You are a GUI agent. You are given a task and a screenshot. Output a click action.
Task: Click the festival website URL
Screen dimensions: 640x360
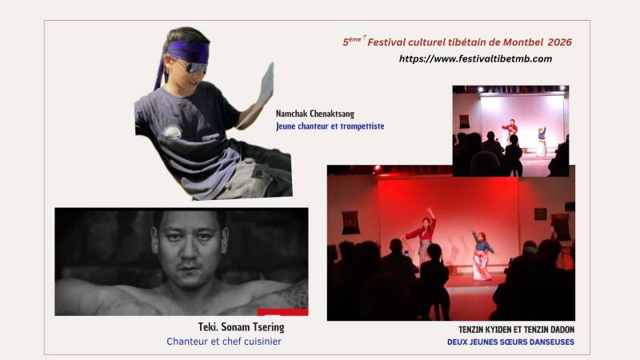tap(475, 58)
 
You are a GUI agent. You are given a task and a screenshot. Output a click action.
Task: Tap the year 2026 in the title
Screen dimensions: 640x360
tap(559, 42)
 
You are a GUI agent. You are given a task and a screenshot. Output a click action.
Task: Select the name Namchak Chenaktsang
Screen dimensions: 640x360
tap(315, 114)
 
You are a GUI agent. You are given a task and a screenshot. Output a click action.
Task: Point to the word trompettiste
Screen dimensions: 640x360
tap(362, 126)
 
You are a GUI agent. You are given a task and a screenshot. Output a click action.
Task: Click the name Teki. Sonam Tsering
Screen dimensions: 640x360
tap(242, 327)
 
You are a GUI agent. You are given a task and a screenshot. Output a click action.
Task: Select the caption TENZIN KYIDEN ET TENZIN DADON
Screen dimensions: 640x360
tap(516, 330)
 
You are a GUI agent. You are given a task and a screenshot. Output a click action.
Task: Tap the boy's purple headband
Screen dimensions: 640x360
tap(186, 52)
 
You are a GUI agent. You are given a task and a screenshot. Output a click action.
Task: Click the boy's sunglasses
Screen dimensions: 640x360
tap(193, 66)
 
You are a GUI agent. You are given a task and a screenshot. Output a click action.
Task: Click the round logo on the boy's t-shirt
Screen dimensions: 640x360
tap(172, 132)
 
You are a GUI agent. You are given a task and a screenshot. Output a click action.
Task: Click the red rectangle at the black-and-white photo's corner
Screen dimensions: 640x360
tap(282, 312)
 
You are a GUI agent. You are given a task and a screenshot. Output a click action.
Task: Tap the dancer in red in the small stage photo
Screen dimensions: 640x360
tap(510, 130)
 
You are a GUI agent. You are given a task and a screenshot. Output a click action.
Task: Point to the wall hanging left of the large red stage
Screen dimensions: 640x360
tap(350, 222)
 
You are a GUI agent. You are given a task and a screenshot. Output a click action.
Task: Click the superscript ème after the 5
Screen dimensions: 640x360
tap(354, 39)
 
